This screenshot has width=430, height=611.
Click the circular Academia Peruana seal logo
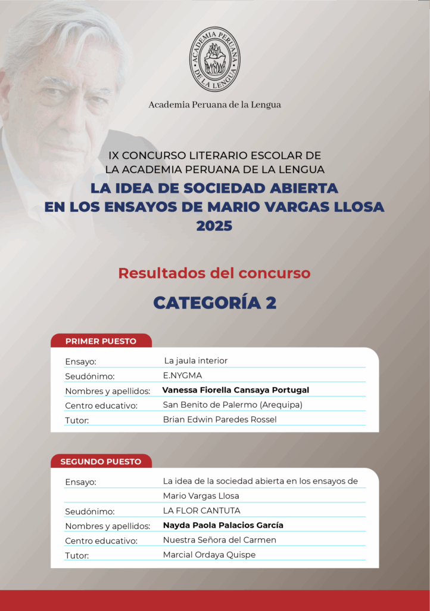coord(214,59)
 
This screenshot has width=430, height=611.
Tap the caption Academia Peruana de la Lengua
coord(214,105)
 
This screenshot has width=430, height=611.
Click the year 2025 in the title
coord(214,226)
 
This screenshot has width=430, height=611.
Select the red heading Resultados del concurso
coord(214,273)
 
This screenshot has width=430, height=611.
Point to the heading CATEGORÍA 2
coord(214,303)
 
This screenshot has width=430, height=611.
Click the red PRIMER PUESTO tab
coord(101,341)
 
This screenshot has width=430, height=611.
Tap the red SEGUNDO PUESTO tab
coord(101,461)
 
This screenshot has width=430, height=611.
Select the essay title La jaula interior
coord(195,361)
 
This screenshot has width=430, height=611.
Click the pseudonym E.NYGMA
coord(182,376)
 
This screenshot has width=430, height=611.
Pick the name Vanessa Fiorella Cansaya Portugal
coord(235,390)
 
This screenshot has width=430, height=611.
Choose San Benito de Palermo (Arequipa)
coord(233,405)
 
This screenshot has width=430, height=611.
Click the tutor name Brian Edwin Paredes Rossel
coord(220,419)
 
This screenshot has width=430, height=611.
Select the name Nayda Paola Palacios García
coord(223,526)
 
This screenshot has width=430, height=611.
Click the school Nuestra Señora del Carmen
coord(219,540)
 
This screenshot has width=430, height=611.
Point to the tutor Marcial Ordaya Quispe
coord(209,555)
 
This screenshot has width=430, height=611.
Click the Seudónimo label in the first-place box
coord(89,377)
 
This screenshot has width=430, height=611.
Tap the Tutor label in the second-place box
coord(77,556)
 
